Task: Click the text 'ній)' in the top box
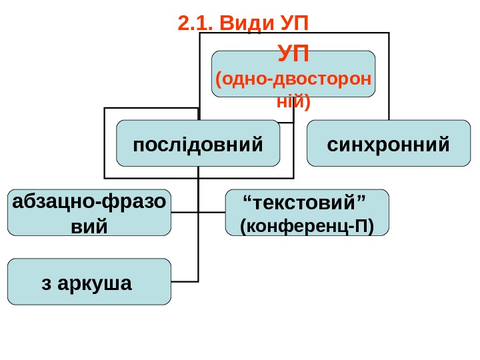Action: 293,101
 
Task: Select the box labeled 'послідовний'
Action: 198,143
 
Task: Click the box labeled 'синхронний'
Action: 388,143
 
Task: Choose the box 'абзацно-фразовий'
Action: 89,212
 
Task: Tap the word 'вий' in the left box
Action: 89,225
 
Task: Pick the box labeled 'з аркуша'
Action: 89,281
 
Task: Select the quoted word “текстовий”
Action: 307,201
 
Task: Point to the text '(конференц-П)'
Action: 307,225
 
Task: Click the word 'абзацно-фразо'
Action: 89,201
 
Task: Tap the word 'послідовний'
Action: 198,143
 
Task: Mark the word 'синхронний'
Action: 388,143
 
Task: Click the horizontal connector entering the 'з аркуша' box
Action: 185,281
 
